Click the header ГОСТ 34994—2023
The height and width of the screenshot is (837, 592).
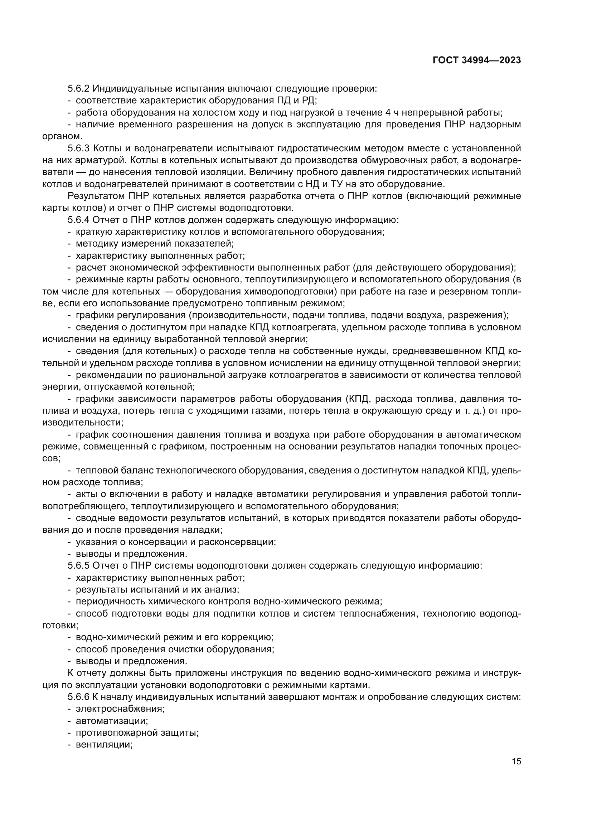477,60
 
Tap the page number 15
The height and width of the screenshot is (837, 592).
516,761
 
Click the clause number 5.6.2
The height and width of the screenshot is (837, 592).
78,89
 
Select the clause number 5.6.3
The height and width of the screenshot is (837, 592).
78,149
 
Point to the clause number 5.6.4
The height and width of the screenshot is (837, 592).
78,220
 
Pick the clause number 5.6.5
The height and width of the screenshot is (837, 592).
78,566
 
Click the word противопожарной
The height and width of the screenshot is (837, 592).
116,733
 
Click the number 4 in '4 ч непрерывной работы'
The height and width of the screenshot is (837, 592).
388,113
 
